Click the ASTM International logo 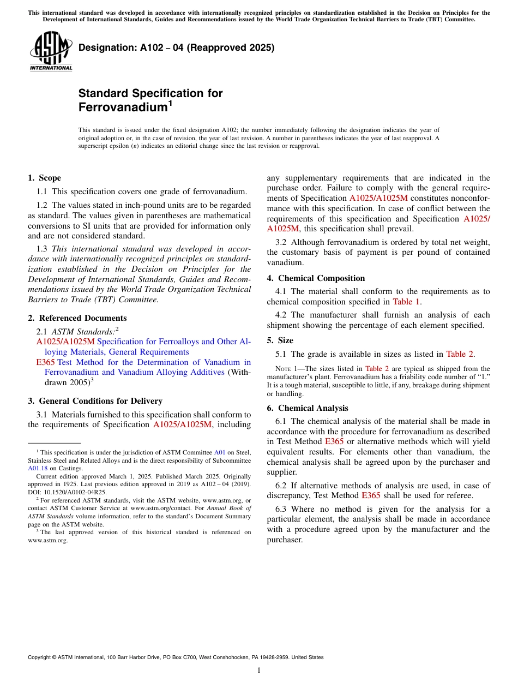[51, 51]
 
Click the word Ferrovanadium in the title [122, 107]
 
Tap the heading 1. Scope [44, 178]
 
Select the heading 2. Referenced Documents [77, 318]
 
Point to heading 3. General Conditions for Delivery [95, 401]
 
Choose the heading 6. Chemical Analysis [307, 408]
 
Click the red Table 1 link [406, 302]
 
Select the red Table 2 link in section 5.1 [460, 354]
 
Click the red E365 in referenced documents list [45, 362]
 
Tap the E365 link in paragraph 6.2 [371, 495]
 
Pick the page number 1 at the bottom [259, 671]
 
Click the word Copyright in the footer [41, 657]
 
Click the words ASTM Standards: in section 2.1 [83, 331]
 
